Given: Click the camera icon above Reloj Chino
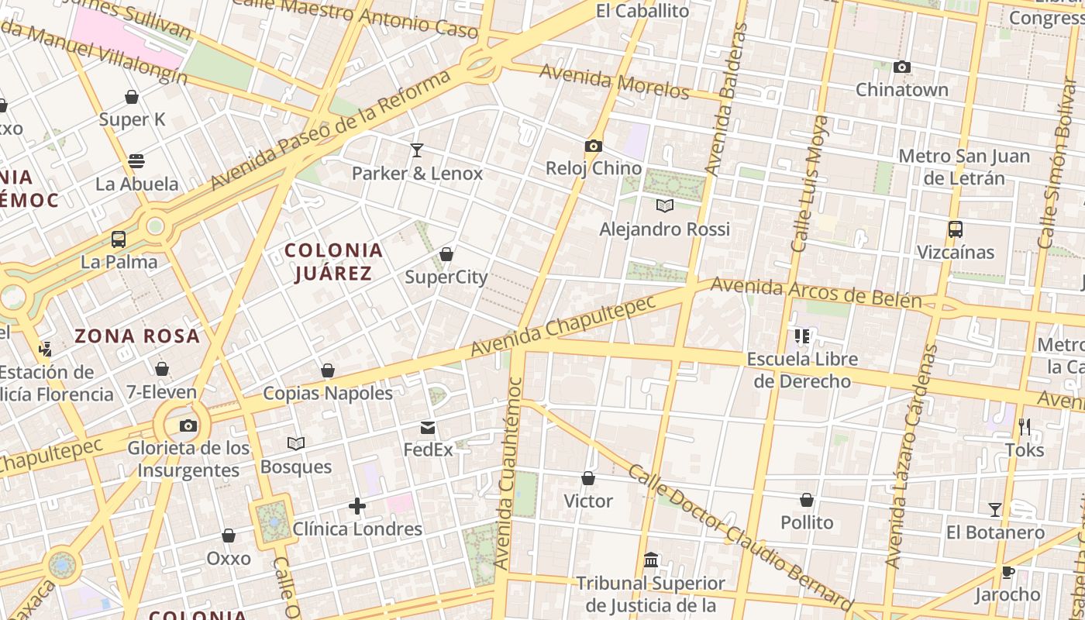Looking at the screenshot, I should pos(594,146).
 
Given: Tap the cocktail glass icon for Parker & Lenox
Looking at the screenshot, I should pos(417,150).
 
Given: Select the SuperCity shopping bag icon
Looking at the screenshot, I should pos(446,254).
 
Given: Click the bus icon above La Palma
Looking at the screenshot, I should pos(119,239).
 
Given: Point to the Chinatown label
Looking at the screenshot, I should pos(901,90).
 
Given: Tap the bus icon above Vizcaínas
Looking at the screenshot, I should pos(955,229).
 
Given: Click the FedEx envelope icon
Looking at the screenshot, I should pos(428,428).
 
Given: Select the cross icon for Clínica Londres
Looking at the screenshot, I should pos(357,507).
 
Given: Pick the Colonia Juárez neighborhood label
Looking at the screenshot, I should pos(333,262).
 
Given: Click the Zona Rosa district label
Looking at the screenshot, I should pos(137,336).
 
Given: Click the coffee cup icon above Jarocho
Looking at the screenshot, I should pos(1007,573).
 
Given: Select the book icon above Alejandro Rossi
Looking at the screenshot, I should pos(665,206).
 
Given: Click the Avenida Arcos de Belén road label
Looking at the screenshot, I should pos(815,292).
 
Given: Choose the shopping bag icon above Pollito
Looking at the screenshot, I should pos(807,500).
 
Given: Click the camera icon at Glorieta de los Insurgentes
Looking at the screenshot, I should pos(188,425).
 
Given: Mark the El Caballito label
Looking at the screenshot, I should pos(642,11).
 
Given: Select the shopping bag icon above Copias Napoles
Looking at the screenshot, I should pos(328,370).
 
